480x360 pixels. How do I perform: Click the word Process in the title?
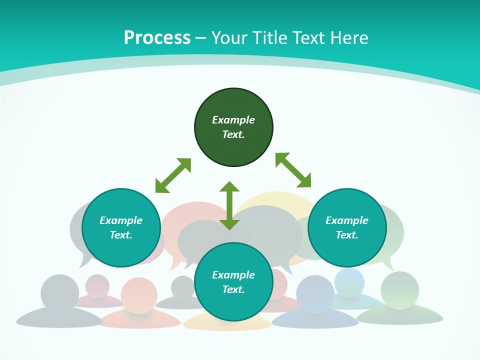click(157, 38)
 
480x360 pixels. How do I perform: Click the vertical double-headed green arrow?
click(229, 205)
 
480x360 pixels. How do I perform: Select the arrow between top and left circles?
click(173, 175)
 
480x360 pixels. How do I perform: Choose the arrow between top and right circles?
click(293, 170)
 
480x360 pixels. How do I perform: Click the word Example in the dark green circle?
click(233, 120)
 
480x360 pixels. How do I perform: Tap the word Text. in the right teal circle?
click(346, 235)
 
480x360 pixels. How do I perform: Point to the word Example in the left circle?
click(121, 220)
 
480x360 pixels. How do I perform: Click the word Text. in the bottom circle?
click(233, 289)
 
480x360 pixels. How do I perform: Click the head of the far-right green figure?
click(399, 290)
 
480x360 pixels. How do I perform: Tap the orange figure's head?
click(139, 295)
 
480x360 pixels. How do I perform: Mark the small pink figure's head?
click(97, 285)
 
